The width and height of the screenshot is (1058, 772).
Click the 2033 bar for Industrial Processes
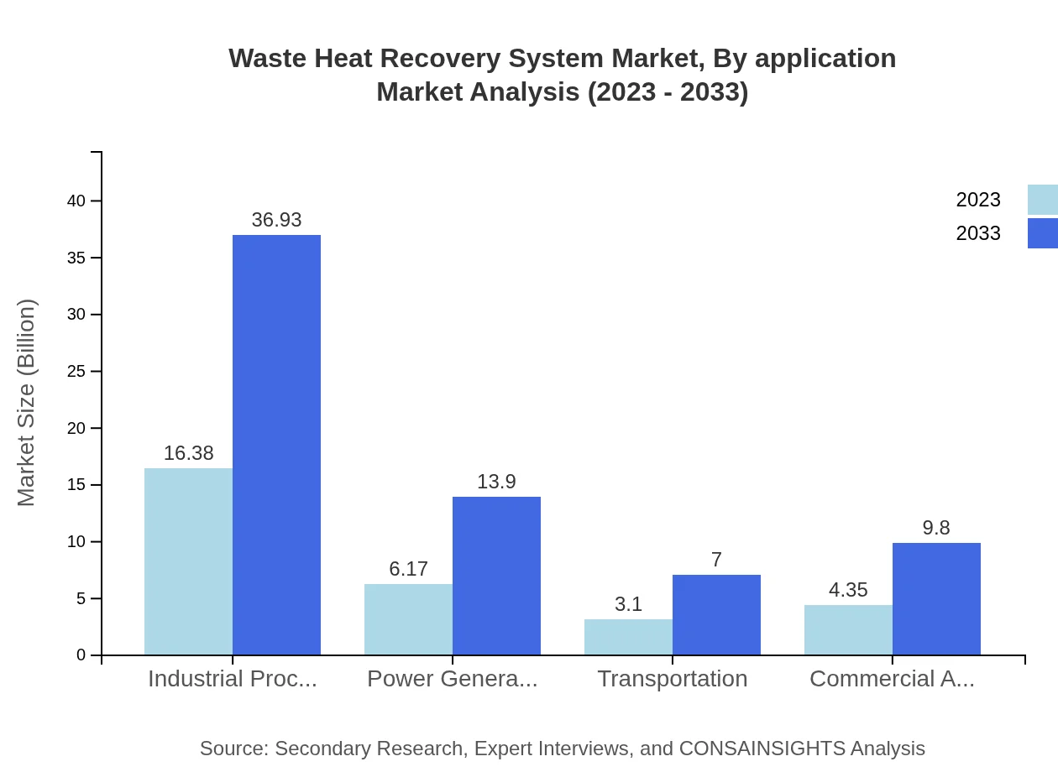(x=276, y=445)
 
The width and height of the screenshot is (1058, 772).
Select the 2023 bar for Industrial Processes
(x=188, y=561)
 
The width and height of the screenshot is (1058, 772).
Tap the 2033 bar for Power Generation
(x=496, y=576)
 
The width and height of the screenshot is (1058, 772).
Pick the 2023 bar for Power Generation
(x=408, y=619)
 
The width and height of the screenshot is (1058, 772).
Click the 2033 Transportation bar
(x=716, y=615)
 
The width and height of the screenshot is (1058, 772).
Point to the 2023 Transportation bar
(x=628, y=637)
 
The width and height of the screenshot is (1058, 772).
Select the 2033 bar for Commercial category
(x=936, y=599)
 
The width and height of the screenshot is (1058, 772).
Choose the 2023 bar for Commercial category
(x=848, y=630)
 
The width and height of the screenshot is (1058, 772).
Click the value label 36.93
(x=276, y=220)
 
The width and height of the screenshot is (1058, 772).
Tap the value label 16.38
(x=188, y=453)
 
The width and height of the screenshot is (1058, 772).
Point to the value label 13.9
(x=496, y=482)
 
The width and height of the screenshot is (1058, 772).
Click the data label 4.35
(x=848, y=590)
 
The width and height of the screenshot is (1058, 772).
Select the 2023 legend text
(x=978, y=200)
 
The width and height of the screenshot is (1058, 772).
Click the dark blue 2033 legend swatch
(x=1042, y=233)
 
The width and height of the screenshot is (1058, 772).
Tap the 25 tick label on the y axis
(x=76, y=372)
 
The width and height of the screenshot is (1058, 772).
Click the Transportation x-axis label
(x=672, y=678)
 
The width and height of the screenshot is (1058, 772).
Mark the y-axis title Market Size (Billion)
(x=27, y=403)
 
